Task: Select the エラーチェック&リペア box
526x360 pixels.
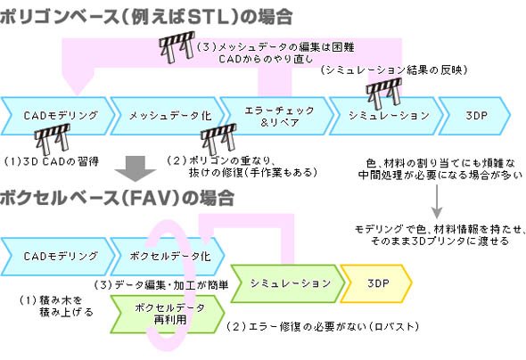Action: coord(277,116)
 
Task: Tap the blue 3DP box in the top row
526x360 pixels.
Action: coord(475,116)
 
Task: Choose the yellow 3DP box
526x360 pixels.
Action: coord(376,283)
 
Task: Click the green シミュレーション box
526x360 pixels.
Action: coord(288,283)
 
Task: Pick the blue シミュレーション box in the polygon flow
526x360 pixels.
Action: coord(386,116)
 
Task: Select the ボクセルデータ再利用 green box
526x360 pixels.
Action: coord(168,314)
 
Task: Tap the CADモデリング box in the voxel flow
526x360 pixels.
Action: coord(58,257)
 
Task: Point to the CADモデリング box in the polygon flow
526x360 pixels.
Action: coord(58,116)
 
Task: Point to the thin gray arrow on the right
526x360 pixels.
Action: coord(437,201)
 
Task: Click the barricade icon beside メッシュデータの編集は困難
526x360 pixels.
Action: coord(177,47)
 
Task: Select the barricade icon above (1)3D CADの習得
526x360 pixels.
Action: coord(53,139)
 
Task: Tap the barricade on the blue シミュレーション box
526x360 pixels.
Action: coord(384,94)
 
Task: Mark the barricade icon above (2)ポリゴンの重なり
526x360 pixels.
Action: coord(218,139)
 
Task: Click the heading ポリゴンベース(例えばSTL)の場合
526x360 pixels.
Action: coord(146,17)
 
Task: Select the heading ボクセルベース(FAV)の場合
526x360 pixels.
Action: coord(117,198)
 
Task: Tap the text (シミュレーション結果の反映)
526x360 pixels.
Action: coord(394,70)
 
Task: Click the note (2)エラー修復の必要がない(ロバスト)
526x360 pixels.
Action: coord(323,326)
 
